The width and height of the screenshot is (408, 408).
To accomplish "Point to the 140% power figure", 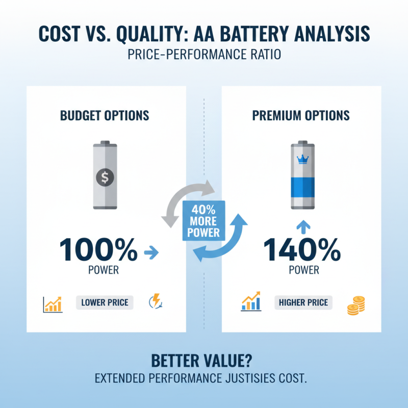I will [x=302, y=250].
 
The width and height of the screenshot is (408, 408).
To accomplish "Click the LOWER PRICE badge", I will [x=105, y=302].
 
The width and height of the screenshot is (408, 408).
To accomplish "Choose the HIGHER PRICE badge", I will [x=303, y=302].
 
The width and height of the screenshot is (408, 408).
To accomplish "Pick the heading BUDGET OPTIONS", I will [x=105, y=115].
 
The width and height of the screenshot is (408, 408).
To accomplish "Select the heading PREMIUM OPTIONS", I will [x=301, y=115].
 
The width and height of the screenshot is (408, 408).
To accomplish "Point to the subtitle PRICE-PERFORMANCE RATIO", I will [x=204, y=55].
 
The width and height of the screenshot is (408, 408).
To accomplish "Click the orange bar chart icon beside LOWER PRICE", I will [x=53, y=304].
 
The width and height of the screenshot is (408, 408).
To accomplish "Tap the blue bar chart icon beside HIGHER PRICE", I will [x=251, y=302].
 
